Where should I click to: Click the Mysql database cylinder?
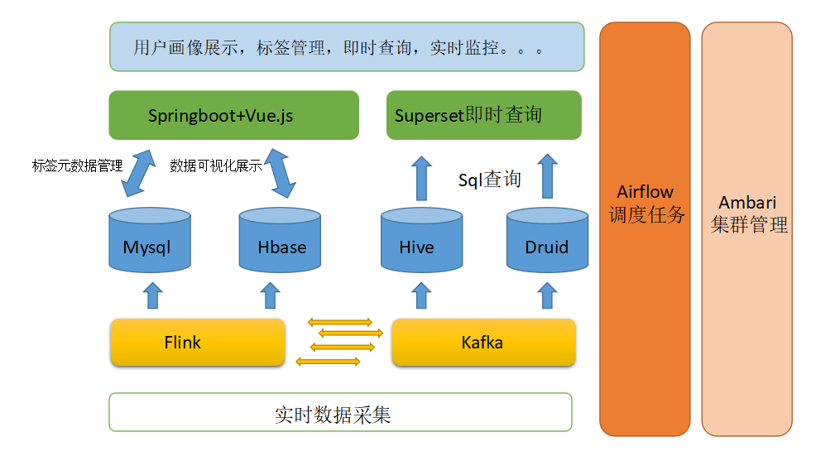(x=150, y=240)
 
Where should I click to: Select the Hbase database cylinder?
(x=280, y=240)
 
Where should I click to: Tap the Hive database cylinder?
(x=421, y=240)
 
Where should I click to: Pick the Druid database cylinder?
(x=547, y=240)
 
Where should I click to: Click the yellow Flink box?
(x=198, y=343)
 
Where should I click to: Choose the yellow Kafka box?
(x=484, y=343)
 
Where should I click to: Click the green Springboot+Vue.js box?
(x=234, y=115)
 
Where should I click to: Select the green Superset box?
(x=484, y=115)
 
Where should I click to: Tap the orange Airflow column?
(x=645, y=228)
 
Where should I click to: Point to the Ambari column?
(x=746, y=228)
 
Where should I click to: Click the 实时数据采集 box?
(x=340, y=412)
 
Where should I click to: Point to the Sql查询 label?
(x=490, y=180)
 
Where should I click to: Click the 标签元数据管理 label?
(x=77, y=166)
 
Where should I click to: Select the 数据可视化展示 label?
(x=216, y=166)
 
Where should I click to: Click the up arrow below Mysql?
(x=152, y=295)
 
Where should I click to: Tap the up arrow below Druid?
(x=547, y=295)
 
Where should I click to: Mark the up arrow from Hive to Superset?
(x=421, y=179)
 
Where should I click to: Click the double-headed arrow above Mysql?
(x=138, y=173)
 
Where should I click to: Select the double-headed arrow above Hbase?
(x=281, y=173)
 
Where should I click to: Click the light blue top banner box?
(x=347, y=46)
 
